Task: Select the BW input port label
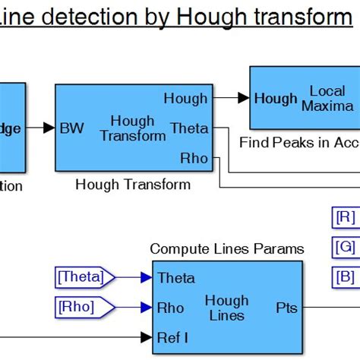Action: click(x=72, y=128)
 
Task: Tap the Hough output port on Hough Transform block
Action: click(x=185, y=98)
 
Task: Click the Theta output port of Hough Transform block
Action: click(x=188, y=128)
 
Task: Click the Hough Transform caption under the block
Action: click(x=133, y=185)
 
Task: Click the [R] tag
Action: click(x=345, y=217)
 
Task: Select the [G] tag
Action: click(x=345, y=247)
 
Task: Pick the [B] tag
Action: click(x=345, y=276)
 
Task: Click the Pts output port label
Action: click(x=286, y=308)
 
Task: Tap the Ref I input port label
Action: click(x=175, y=336)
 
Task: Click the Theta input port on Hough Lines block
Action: click(x=176, y=278)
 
